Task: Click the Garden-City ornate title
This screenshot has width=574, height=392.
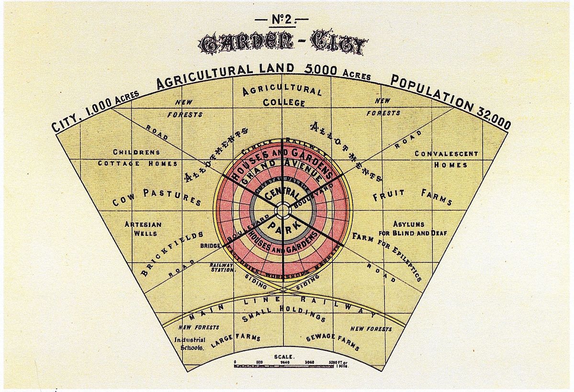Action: pos(284,45)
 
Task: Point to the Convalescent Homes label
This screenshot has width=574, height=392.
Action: pos(446,159)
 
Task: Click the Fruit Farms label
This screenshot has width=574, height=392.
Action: pos(412,196)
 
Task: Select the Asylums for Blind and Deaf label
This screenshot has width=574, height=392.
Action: pos(412,229)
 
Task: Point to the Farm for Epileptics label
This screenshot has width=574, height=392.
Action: pos(387,256)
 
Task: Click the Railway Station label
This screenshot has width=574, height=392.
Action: pos(221,267)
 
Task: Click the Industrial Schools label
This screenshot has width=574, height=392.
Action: pos(190,344)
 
